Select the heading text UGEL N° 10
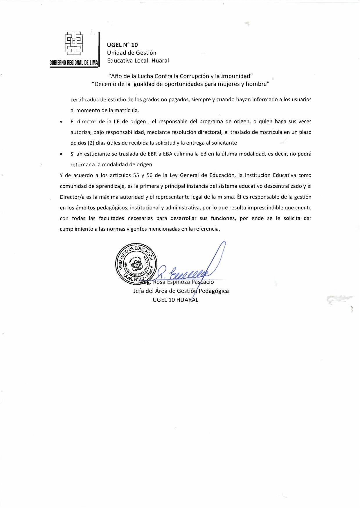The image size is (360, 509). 123,45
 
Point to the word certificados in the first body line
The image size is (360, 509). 85,100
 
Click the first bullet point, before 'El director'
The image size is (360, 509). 61,122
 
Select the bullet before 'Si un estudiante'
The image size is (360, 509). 61,154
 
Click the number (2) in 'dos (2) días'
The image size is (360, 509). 91,143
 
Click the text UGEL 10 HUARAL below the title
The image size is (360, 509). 175,300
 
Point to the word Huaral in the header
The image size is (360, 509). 160,61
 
